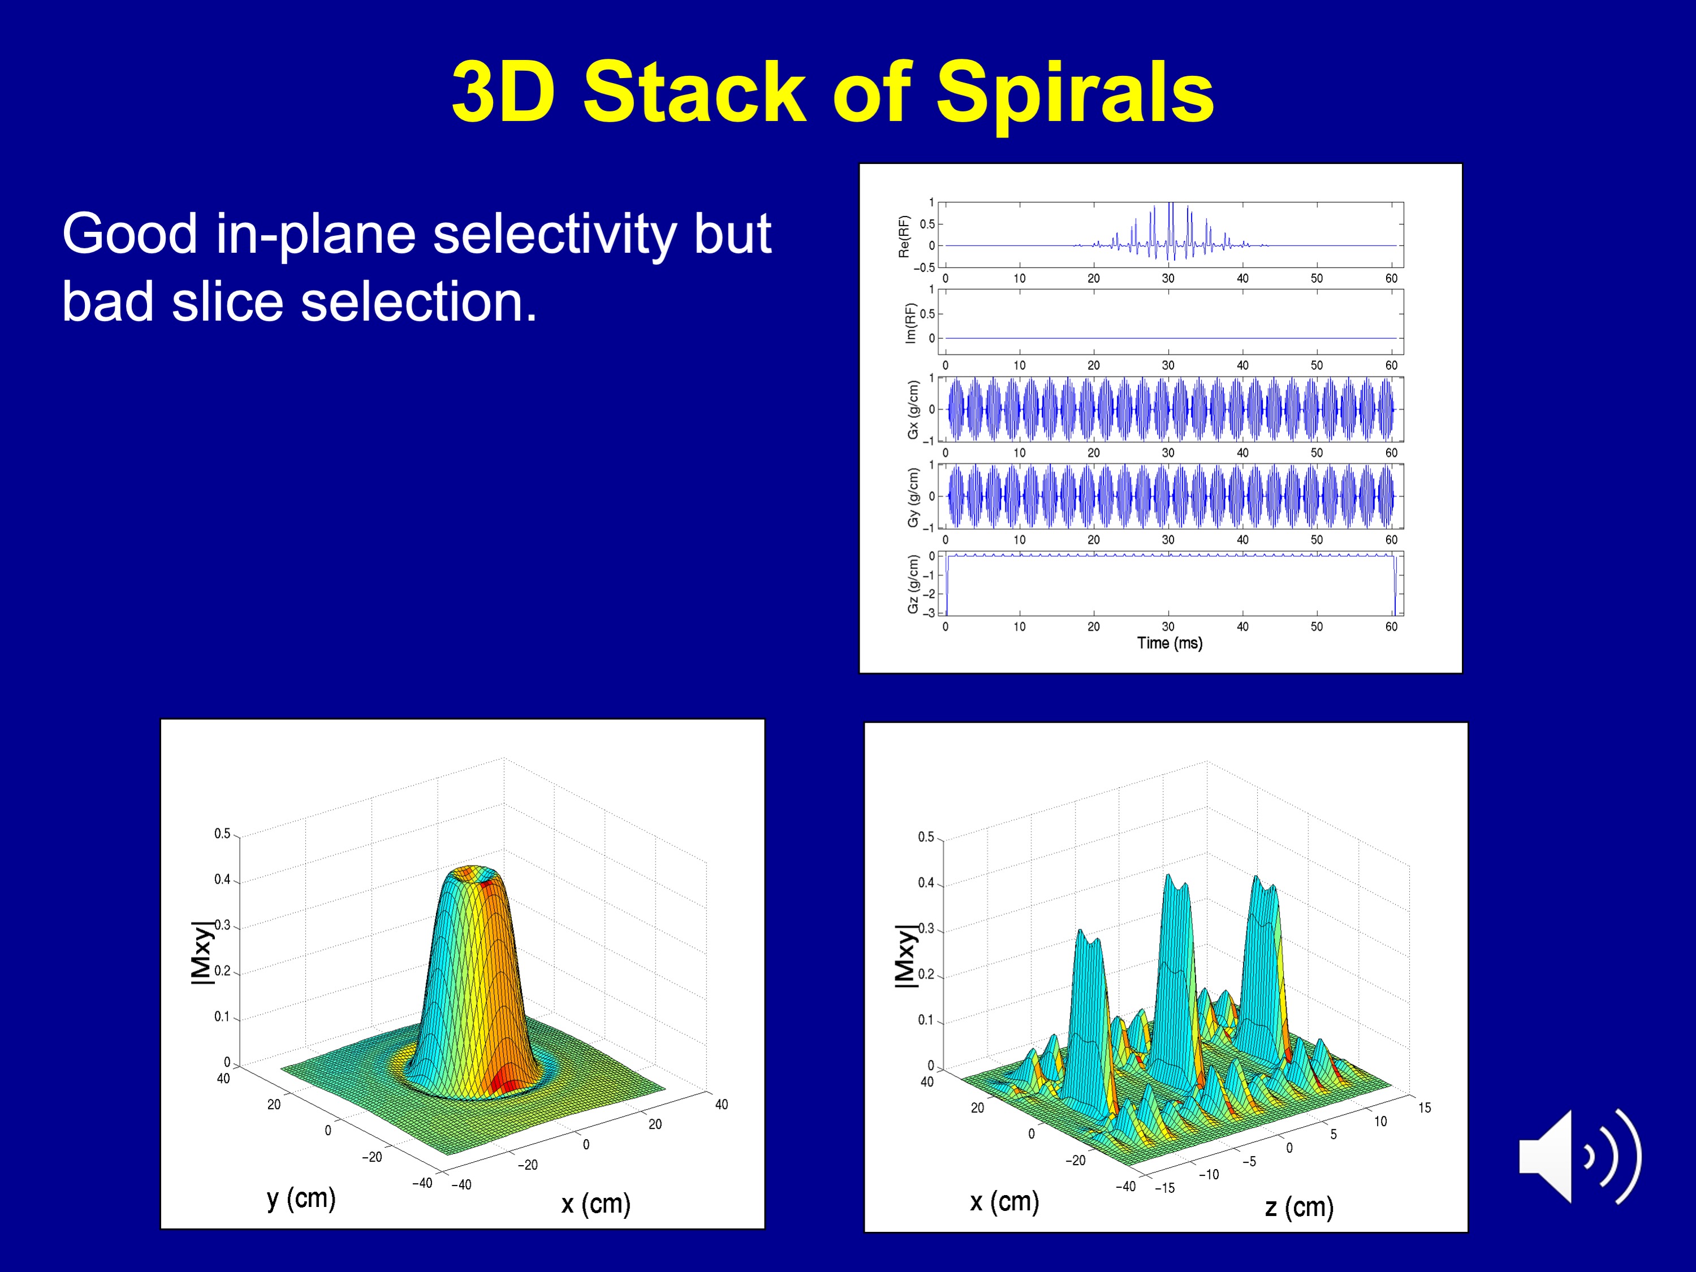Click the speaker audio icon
[x=1580, y=1156]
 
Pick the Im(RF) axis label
[x=910, y=323]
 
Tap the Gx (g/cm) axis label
[x=912, y=409]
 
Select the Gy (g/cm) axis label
[x=912, y=497]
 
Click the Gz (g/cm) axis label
[x=912, y=584]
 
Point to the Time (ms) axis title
[x=1169, y=643]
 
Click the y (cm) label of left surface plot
[x=301, y=1198]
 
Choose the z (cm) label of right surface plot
[x=1299, y=1207]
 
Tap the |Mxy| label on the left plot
[x=201, y=951]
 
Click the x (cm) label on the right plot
[x=1004, y=1201]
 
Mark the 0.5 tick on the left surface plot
[x=222, y=834]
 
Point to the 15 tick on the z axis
[x=1424, y=1107]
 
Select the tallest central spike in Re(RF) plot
[x=1170, y=230]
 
